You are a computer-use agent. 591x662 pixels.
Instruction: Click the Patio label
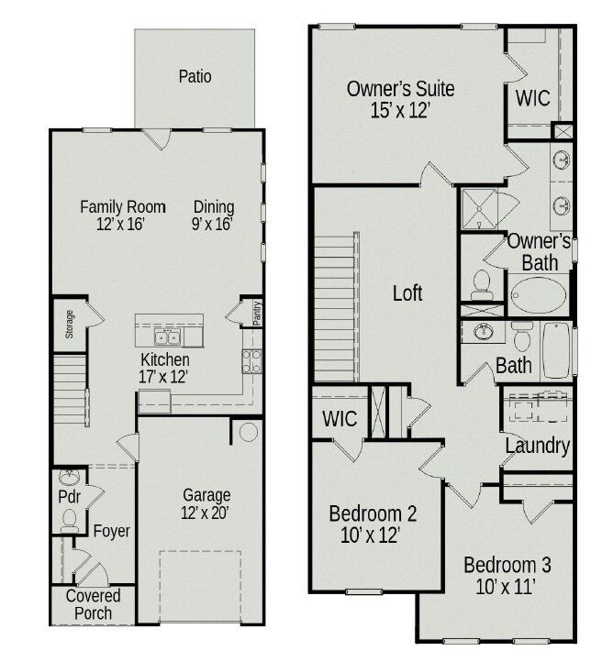click(x=195, y=76)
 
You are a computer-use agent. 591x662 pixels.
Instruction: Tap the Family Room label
click(x=122, y=207)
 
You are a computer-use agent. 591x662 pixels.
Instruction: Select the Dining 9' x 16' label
click(x=213, y=215)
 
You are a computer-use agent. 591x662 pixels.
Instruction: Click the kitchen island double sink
click(x=168, y=336)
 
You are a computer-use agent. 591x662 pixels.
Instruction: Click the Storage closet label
click(x=70, y=324)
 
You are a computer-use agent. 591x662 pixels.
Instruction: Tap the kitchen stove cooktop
click(x=252, y=359)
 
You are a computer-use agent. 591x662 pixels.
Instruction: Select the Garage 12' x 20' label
click(x=206, y=503)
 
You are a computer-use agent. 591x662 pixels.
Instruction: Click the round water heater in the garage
click(x=248, y=431)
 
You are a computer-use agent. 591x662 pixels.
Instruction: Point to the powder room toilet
click(x=69, y=520)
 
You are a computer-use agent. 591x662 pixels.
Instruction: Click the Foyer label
click(x=112, y=531)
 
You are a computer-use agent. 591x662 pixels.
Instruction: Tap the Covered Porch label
click(x=93, y=604)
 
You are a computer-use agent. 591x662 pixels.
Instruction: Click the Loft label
click(x=407, y=293)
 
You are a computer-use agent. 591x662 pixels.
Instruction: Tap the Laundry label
click(x=538, y=447)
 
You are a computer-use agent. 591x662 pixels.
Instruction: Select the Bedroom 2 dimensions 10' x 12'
click(x=373, y=535)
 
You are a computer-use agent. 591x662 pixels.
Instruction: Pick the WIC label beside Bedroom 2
click(x=340, y=418)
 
